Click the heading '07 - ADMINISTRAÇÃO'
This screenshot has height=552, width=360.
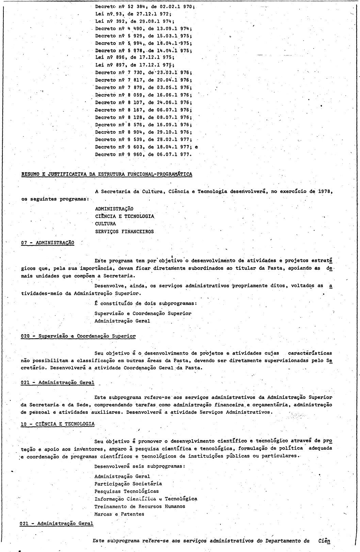[47, 243]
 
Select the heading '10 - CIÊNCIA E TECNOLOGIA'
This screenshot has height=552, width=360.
[58, 424]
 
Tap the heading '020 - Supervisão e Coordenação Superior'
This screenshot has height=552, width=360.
[78, 336]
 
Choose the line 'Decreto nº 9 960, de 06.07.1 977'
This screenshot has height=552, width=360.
[143, 155]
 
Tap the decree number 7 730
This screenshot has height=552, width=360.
[134, 72]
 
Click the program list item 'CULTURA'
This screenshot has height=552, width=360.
[105, 224]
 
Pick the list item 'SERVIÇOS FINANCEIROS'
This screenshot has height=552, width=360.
[124, 232]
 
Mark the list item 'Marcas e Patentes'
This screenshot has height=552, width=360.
[119, 514]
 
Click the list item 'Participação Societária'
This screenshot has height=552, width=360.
[128, 484]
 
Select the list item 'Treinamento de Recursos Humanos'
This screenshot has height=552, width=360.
[140, 506]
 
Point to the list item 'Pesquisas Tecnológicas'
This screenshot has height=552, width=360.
[127, 491]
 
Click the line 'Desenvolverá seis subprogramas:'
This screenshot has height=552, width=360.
[140, 466]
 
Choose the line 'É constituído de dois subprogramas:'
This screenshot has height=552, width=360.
[146, 303]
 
